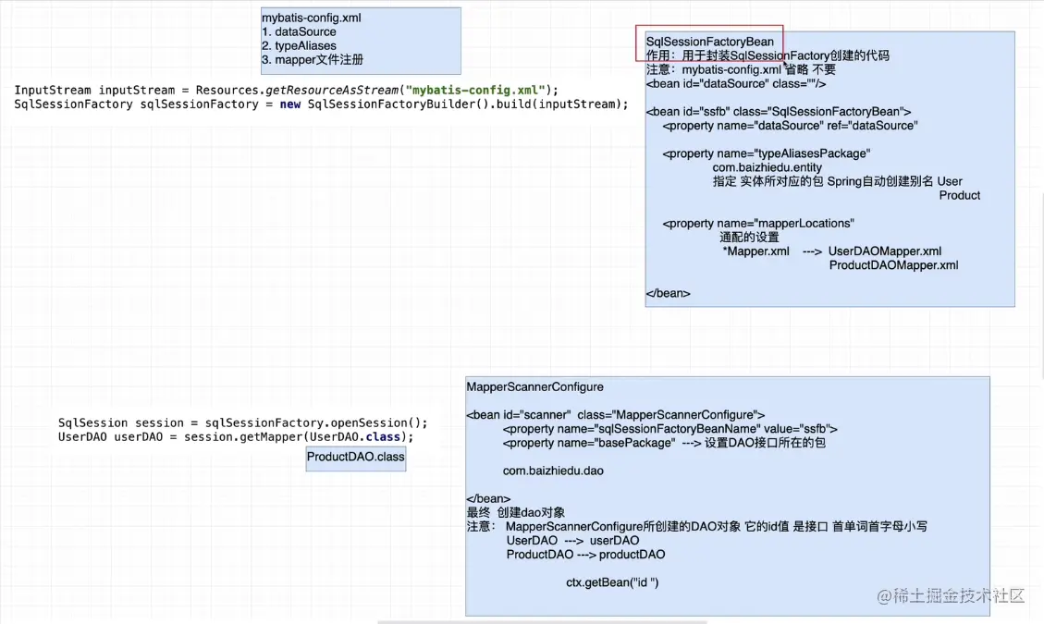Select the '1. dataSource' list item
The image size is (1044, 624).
(x=299, y=31)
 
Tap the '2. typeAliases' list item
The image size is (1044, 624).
(x=299, y=45)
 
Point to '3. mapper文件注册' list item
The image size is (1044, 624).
(x=313, y=59)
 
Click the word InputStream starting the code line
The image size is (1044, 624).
(x=53, y=90)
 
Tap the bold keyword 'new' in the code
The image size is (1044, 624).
(x=291, y=104)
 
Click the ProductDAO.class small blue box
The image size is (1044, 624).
(x=356, y=457)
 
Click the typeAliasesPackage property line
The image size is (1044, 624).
(x=767, y=153)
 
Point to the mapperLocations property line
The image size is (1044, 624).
(x=758, y=223)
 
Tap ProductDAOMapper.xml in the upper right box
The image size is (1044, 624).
(x=893, y=265)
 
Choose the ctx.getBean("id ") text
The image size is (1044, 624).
(x=612, y=582)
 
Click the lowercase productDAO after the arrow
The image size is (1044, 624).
(x=632, y=555)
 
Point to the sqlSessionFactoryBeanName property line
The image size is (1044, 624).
(x=670, y=429)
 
